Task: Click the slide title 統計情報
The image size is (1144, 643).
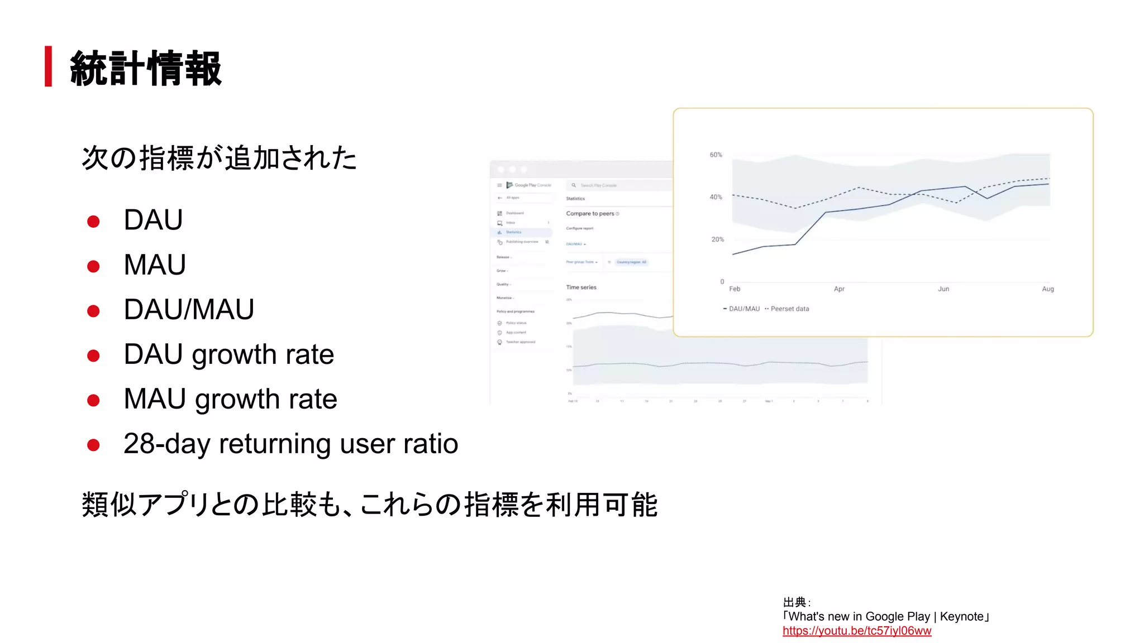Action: pos(146,68)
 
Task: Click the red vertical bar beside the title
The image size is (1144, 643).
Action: pos(49,66)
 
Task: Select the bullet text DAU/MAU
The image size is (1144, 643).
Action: pos(189,309)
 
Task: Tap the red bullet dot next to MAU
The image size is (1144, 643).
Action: pos(93,266)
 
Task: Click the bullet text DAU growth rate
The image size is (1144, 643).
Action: pos(228,354)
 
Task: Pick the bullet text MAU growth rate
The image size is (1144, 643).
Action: pos(230,399)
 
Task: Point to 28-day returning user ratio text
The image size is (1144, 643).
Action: pos(290,444)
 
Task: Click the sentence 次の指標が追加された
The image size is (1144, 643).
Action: pos(219,158)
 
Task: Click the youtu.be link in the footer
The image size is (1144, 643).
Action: pos(856,631)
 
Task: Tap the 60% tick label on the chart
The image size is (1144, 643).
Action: pos(716,155)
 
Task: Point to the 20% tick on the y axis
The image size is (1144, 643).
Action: pos(717,239)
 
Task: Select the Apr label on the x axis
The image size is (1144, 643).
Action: pos(838,289)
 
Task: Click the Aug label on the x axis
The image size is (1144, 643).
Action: pos(1047,289)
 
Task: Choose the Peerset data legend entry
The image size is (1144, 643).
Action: pos(789,309)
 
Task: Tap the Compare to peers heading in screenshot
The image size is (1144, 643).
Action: pos(590,214)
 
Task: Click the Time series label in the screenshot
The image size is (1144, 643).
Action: pos(581,287)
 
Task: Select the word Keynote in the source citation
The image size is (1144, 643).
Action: pos(961,616)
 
